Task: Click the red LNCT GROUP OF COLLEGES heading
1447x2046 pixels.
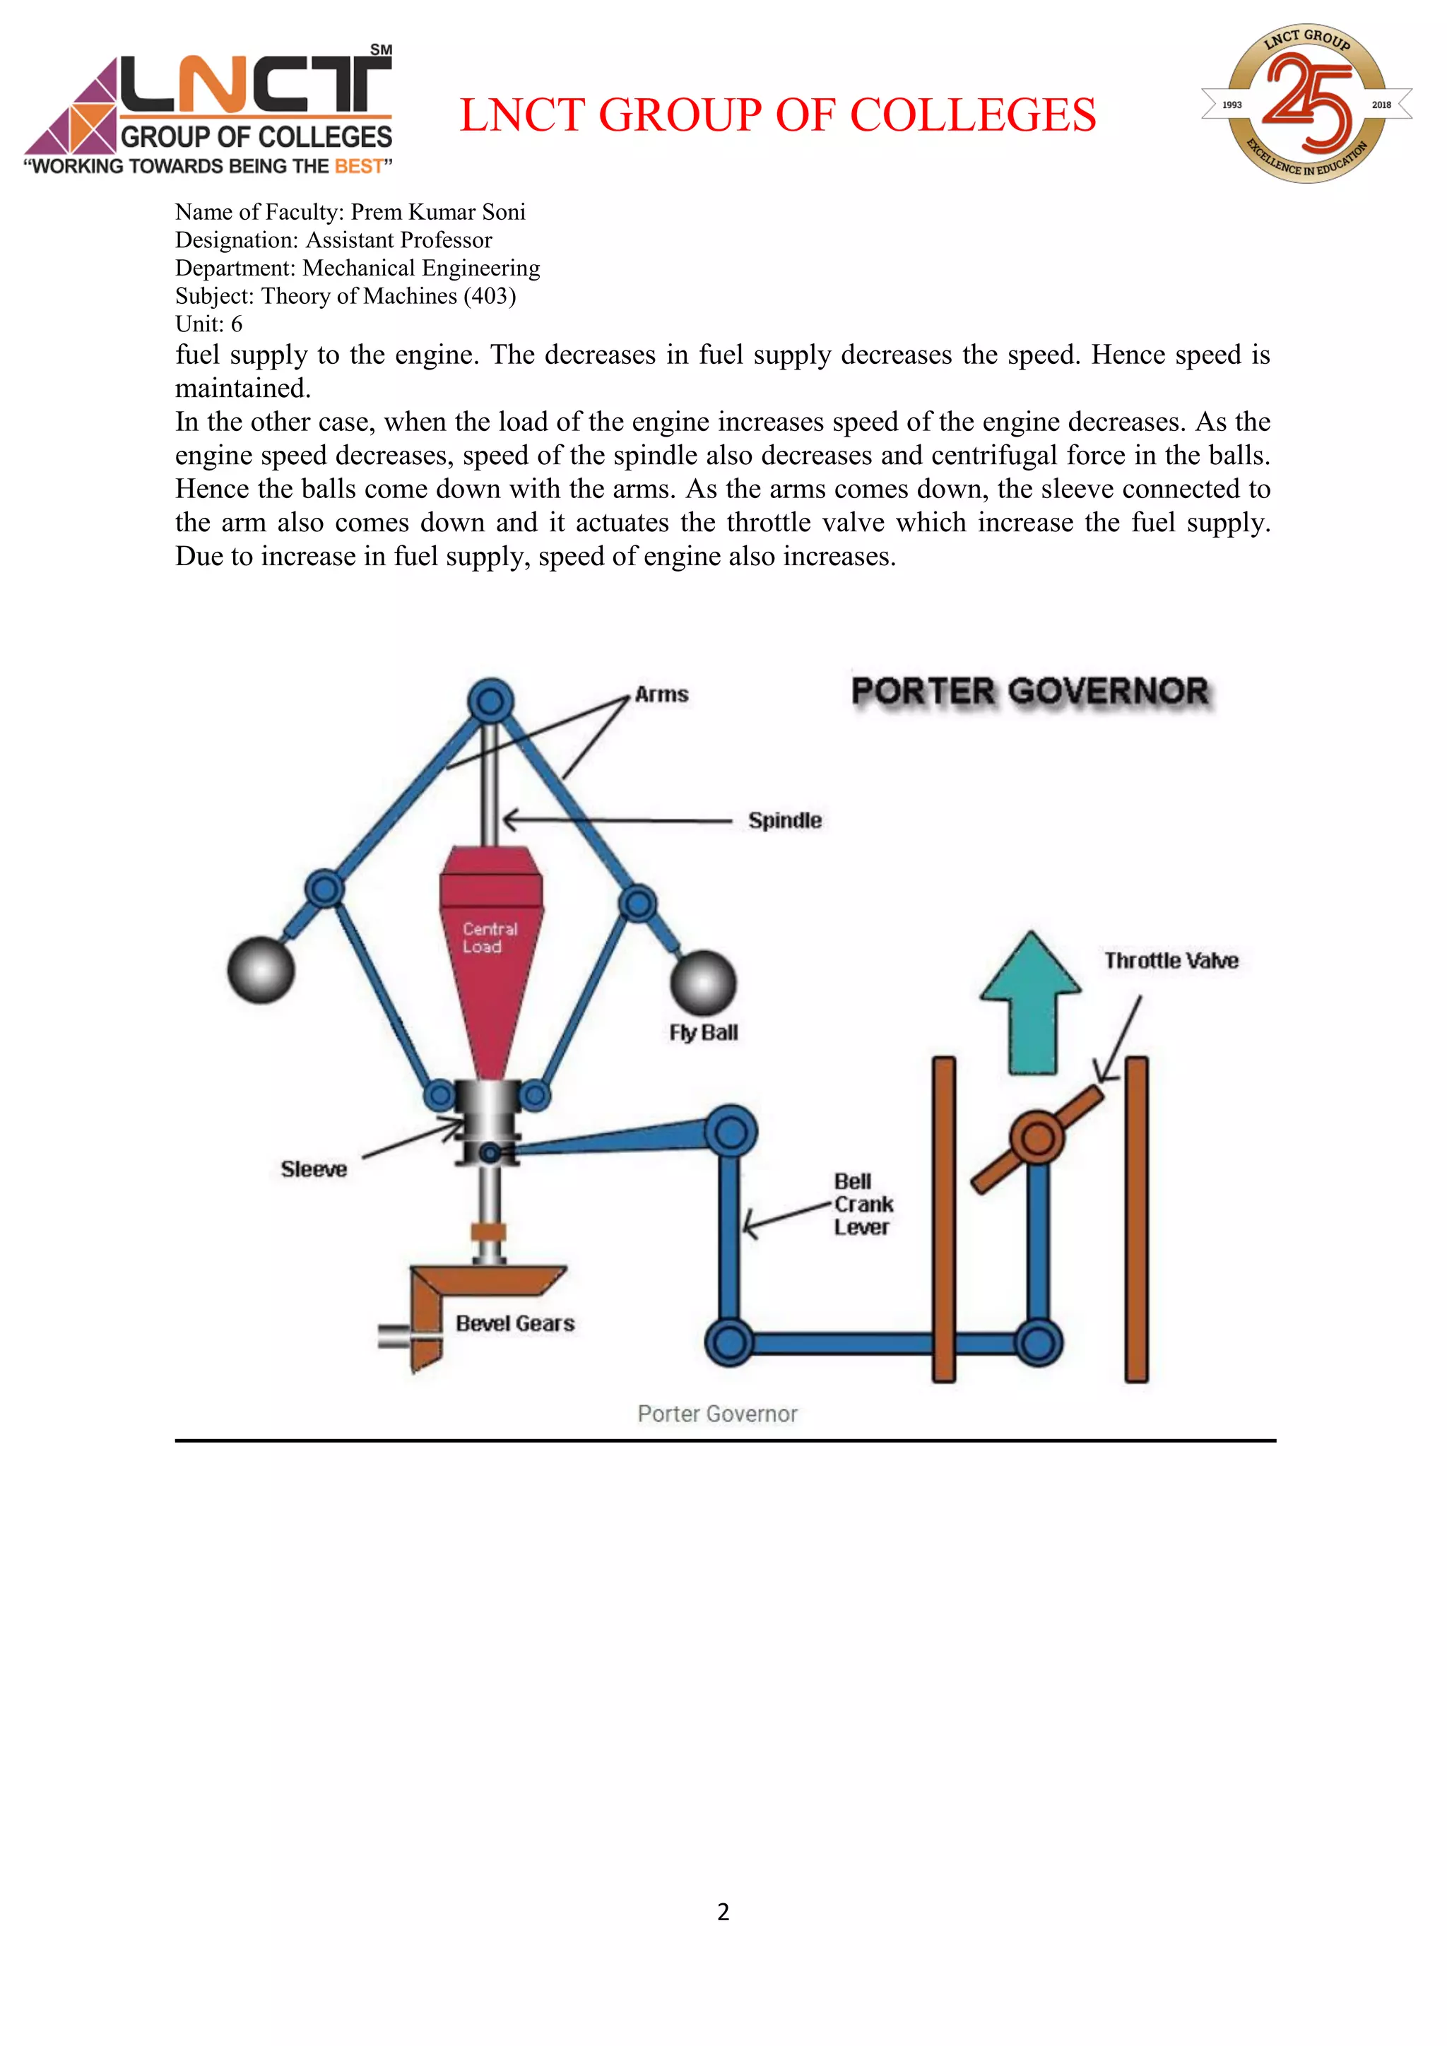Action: point(777,115)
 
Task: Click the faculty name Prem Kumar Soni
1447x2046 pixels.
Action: point(437,212)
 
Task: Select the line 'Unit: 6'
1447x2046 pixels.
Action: point(208,324)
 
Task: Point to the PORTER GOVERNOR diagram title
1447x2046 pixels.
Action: point(1029,692)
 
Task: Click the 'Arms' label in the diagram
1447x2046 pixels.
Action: point(661,694)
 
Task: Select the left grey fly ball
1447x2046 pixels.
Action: point(260,969)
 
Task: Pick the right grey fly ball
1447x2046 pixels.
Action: point(703,983)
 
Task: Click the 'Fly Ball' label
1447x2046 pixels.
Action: point(703,1033)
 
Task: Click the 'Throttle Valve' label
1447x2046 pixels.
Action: point(1171,961)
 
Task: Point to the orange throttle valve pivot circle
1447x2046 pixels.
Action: point(1037,1138)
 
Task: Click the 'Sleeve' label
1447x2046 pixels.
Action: point(314,1169)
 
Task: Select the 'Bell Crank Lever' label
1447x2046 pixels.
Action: point(861,1204)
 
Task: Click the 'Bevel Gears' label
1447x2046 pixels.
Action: point(515,1323)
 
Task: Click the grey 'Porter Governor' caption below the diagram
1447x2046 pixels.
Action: point(717,1414)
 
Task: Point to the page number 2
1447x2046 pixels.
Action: point(723,1912)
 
